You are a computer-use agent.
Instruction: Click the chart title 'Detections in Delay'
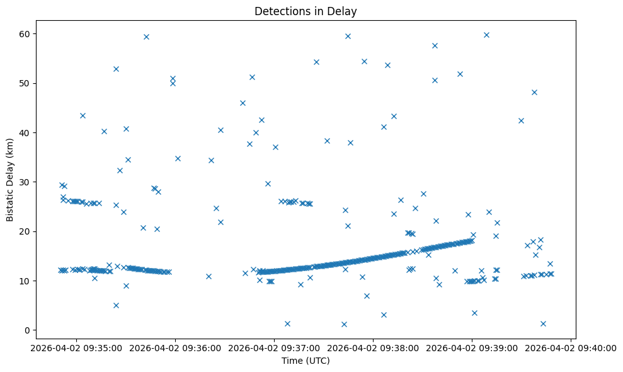[305, 11]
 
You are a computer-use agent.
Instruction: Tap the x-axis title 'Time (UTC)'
[305, 361]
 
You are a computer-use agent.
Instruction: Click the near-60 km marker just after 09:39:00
[486, 35]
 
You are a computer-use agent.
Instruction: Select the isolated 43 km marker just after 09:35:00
[83, 115]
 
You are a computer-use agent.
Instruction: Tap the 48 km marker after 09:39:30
[534, 92]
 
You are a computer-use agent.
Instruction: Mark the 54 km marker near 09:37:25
[316, 62]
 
